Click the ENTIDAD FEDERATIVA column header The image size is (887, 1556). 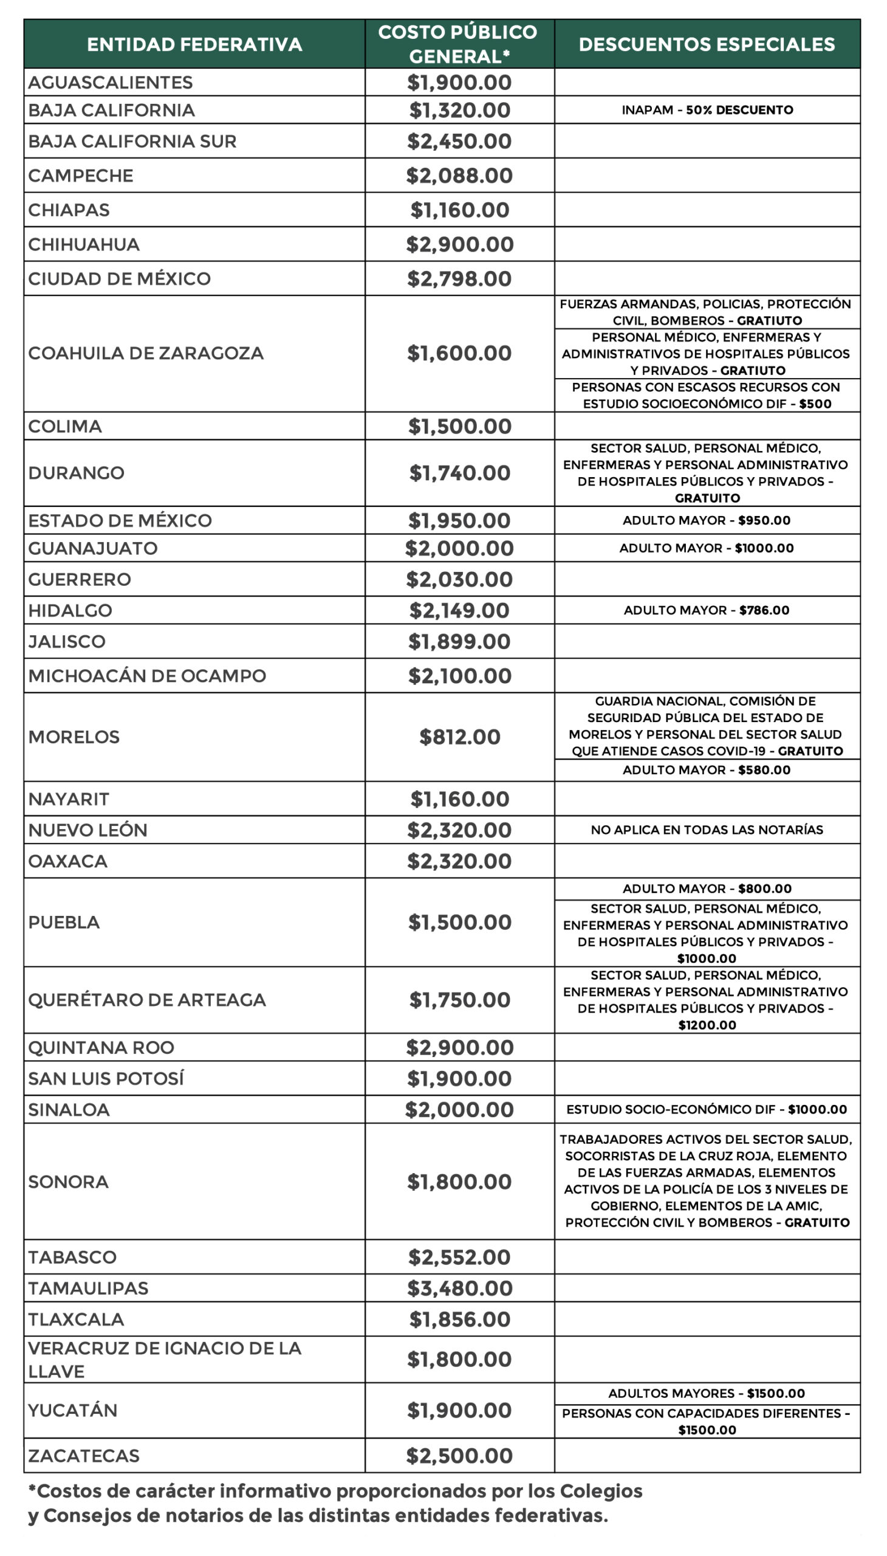pyautogui.click(x=194, y=44)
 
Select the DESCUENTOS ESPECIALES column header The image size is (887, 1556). pyautogui.click(x=707, y=44)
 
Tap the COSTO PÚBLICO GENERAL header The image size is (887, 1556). pyautogui.click(x=458, y=44)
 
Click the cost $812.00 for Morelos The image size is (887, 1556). pyautogui.click(x=459, y=737)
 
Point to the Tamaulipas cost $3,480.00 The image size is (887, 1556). pyautogui.click(x=459, y=1288)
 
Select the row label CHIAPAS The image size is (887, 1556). pyautogui.click(x=69, y=210)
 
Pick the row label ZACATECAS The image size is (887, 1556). pyautogui.click(x=84, y=1456)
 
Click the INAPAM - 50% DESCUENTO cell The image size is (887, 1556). pyautogui.click(x=707, y=110)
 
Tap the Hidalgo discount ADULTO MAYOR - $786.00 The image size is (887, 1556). pyautogui.click(x=707, y=610)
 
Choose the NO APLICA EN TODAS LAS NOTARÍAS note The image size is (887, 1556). pyautogui.click(x=707, y=830)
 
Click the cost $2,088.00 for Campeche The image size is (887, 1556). pyautogui.click(x=459, y=176)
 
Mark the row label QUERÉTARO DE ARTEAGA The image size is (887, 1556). pyautogui.click(x=147, y=999)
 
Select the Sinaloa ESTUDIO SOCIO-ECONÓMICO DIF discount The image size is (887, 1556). pyautogui.click(x=707, y=1109)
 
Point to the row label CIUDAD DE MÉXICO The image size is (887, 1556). pyautogui.click(x=120, y=279)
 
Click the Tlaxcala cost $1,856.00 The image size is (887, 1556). pyautogui.click(x=459, y=1319)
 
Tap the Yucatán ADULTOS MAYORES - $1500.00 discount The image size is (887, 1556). pyautogui.click(x=707, y=1393)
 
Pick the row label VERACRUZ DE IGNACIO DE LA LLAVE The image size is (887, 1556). pyautogui.click(x=165, y=1359)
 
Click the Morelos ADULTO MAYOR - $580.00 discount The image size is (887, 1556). pyautogui.click(x=707, y=769)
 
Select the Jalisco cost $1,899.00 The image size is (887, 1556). pyautogui.click(x=459, y=641)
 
